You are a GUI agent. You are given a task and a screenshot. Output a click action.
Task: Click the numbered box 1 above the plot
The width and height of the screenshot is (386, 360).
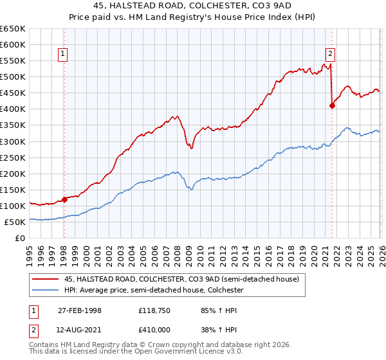pos(64,55)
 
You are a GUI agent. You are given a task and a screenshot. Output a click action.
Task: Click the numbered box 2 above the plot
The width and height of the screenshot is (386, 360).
pos(330,55)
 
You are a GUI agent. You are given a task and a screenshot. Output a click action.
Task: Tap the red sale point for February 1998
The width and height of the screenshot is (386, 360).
pos(64,199)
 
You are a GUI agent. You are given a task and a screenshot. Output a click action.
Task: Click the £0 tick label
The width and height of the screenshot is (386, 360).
pos(20,238)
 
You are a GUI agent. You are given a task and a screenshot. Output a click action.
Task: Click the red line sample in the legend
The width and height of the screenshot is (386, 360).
pos(46,279)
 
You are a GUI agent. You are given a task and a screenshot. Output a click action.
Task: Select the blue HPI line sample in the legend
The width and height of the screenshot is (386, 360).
pos(46,291)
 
